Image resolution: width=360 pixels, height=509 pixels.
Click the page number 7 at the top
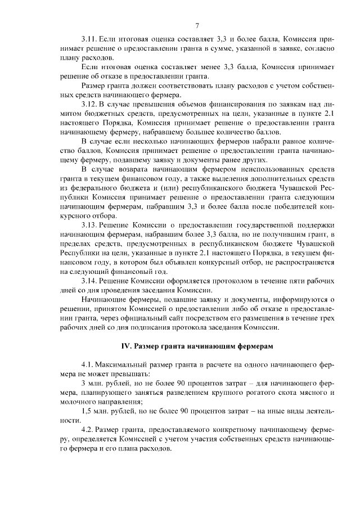tap(197, 25)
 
